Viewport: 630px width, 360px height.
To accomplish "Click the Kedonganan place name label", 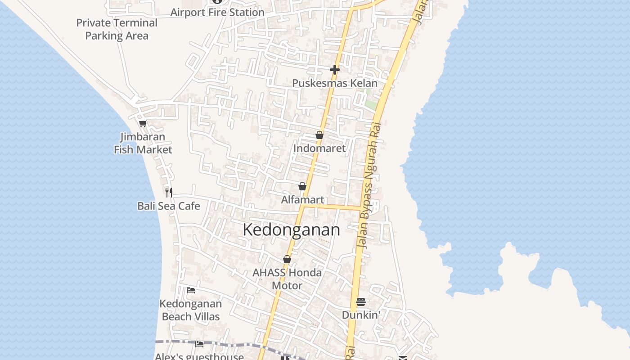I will pos(291,229).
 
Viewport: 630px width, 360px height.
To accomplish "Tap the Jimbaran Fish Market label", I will pos(143,143).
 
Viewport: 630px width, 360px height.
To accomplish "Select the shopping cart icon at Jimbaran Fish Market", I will pos(143,123).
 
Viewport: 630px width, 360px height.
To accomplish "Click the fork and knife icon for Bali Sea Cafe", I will pos(169,193).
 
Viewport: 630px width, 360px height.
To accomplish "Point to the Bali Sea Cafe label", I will pos(169,206).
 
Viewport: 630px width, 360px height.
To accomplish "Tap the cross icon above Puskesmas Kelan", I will pos(335,69).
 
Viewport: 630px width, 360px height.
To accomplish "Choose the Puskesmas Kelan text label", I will pos(335,83).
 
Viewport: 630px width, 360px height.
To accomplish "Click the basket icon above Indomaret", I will pos(319,135).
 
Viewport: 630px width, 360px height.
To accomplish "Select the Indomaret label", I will pos(319,148).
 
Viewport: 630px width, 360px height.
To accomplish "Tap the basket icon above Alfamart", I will pos(302,186).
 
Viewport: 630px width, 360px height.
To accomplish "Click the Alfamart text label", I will pos(302,199).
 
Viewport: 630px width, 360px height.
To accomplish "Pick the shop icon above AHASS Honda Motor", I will pos(287,259).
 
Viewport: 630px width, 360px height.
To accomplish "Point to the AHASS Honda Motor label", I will pos(287,279).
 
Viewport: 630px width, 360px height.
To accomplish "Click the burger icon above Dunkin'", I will pos(361,302).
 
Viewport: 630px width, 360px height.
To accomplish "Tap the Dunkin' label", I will pos(361,315).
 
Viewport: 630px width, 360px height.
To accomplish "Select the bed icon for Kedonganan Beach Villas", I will pos(191,290).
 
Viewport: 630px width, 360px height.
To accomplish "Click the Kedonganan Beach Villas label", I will pos(191,310).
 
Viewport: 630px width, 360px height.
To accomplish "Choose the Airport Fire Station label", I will pos(217,12).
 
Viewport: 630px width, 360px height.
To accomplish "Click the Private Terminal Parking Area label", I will pos(117,29).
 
